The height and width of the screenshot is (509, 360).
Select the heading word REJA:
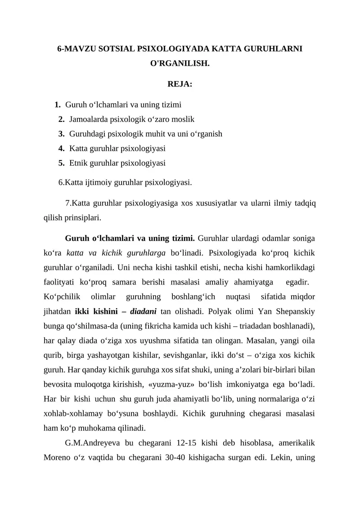tap(180, 84)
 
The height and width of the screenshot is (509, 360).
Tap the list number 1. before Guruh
tap(58, 105)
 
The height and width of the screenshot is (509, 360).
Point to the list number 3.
tap(62, 134)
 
